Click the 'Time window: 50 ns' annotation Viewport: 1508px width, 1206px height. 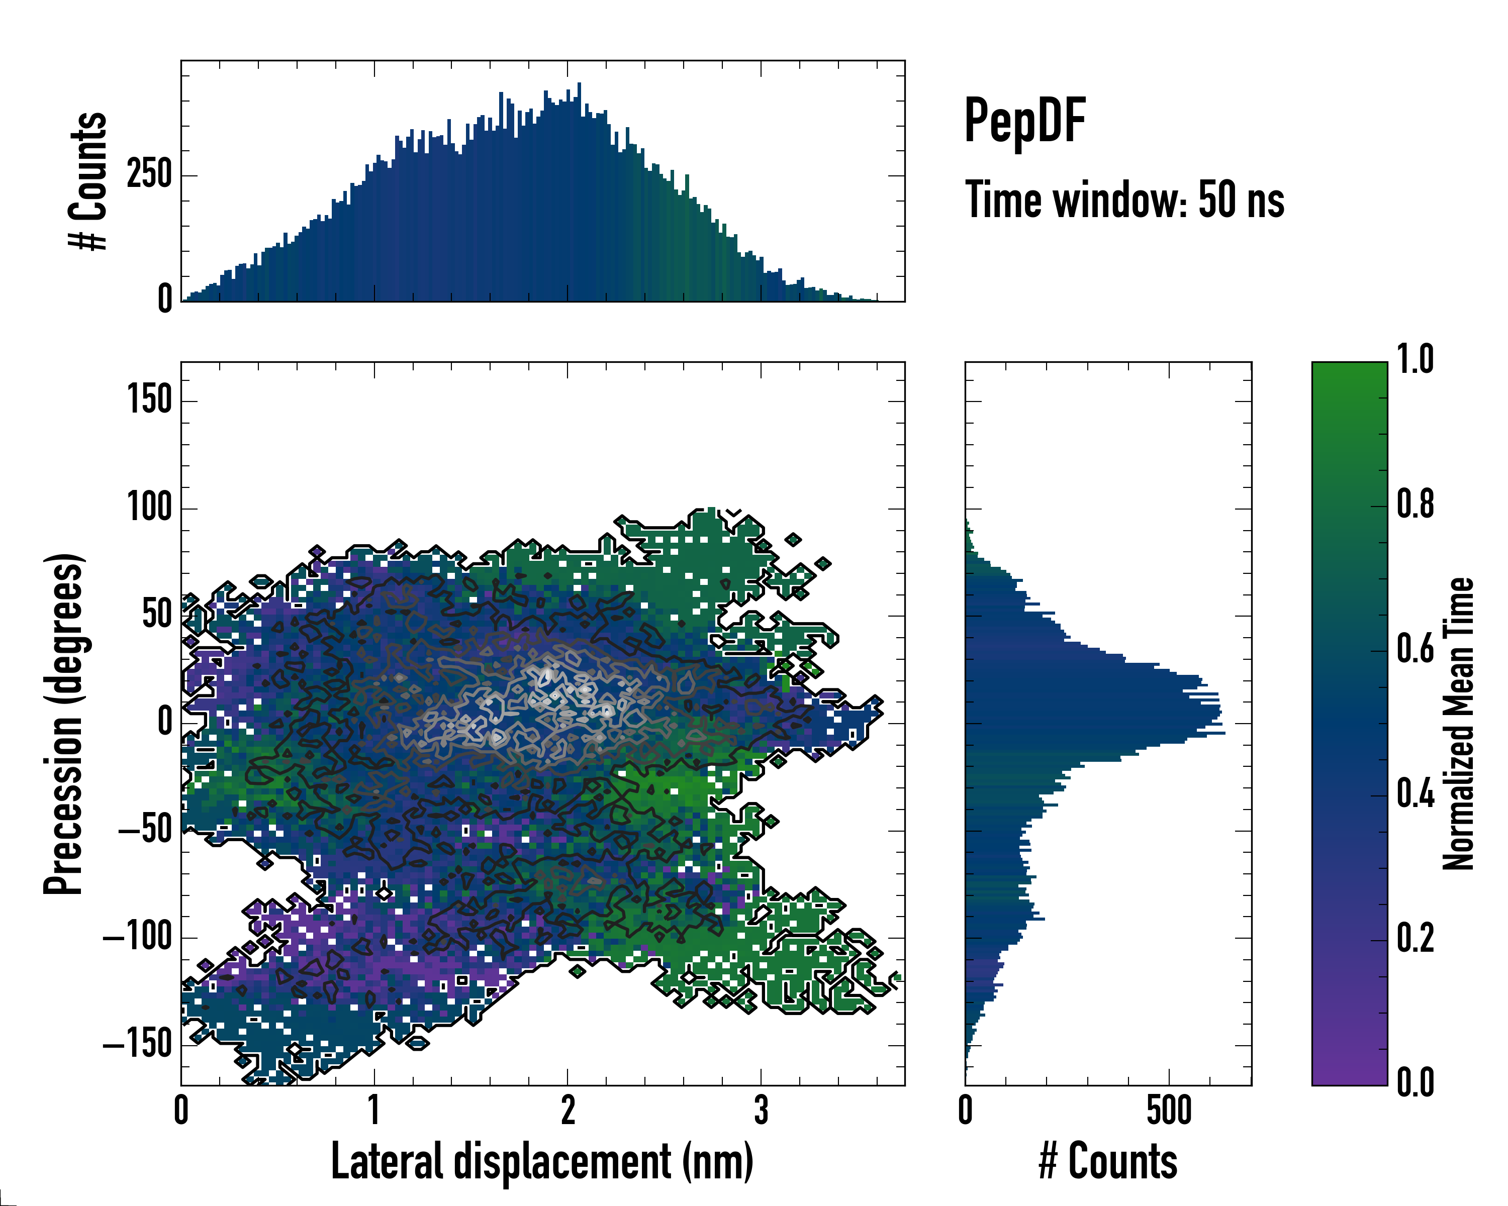[1124, 200]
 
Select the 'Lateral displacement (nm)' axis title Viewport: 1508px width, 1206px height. [542, 1161]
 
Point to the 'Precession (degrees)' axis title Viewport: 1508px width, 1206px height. [64, 724]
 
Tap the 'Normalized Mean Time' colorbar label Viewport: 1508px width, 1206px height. [1458, 724]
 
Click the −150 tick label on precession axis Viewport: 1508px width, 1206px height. [138, 1045]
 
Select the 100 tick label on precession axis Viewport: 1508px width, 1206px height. [150, 508]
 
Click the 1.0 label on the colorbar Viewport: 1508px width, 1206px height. [1415, 360]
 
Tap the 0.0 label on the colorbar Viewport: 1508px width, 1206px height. [1415, 1082]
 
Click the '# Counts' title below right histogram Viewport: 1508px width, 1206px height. [1108, 1161]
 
